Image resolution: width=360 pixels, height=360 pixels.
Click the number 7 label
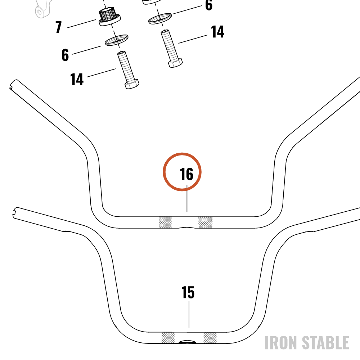click(x=59, y=27)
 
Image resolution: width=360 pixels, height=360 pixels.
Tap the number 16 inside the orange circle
click(x=186, y=174)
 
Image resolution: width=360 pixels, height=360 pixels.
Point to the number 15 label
click(x=188, y=292)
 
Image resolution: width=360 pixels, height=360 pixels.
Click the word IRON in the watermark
click(x=281, y=343)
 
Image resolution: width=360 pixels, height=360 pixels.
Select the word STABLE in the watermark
click(x=325, y=343)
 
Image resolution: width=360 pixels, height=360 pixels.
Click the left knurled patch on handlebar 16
click(x=165, y=222)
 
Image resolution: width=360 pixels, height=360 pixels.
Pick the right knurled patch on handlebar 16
click(x=205, y=222)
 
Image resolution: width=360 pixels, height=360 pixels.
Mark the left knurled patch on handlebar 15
click(x=168, y=338)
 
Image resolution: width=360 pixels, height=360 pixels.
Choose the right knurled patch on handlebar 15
click(x=210, y=338)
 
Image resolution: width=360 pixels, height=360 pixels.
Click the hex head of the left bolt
click(x=132, y=84)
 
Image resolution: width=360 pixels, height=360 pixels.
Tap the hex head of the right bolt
click(x=176, y=63)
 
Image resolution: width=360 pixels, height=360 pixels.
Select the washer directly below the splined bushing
click(x=116, y=40)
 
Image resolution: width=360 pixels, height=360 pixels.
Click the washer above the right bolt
click(x=160, y=19)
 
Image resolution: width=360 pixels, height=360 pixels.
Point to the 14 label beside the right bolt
click(x=217, y=32)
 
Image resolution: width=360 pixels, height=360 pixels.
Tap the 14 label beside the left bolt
click(x=77, y=80)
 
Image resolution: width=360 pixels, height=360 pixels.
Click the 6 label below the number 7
click(x=65, y=55)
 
